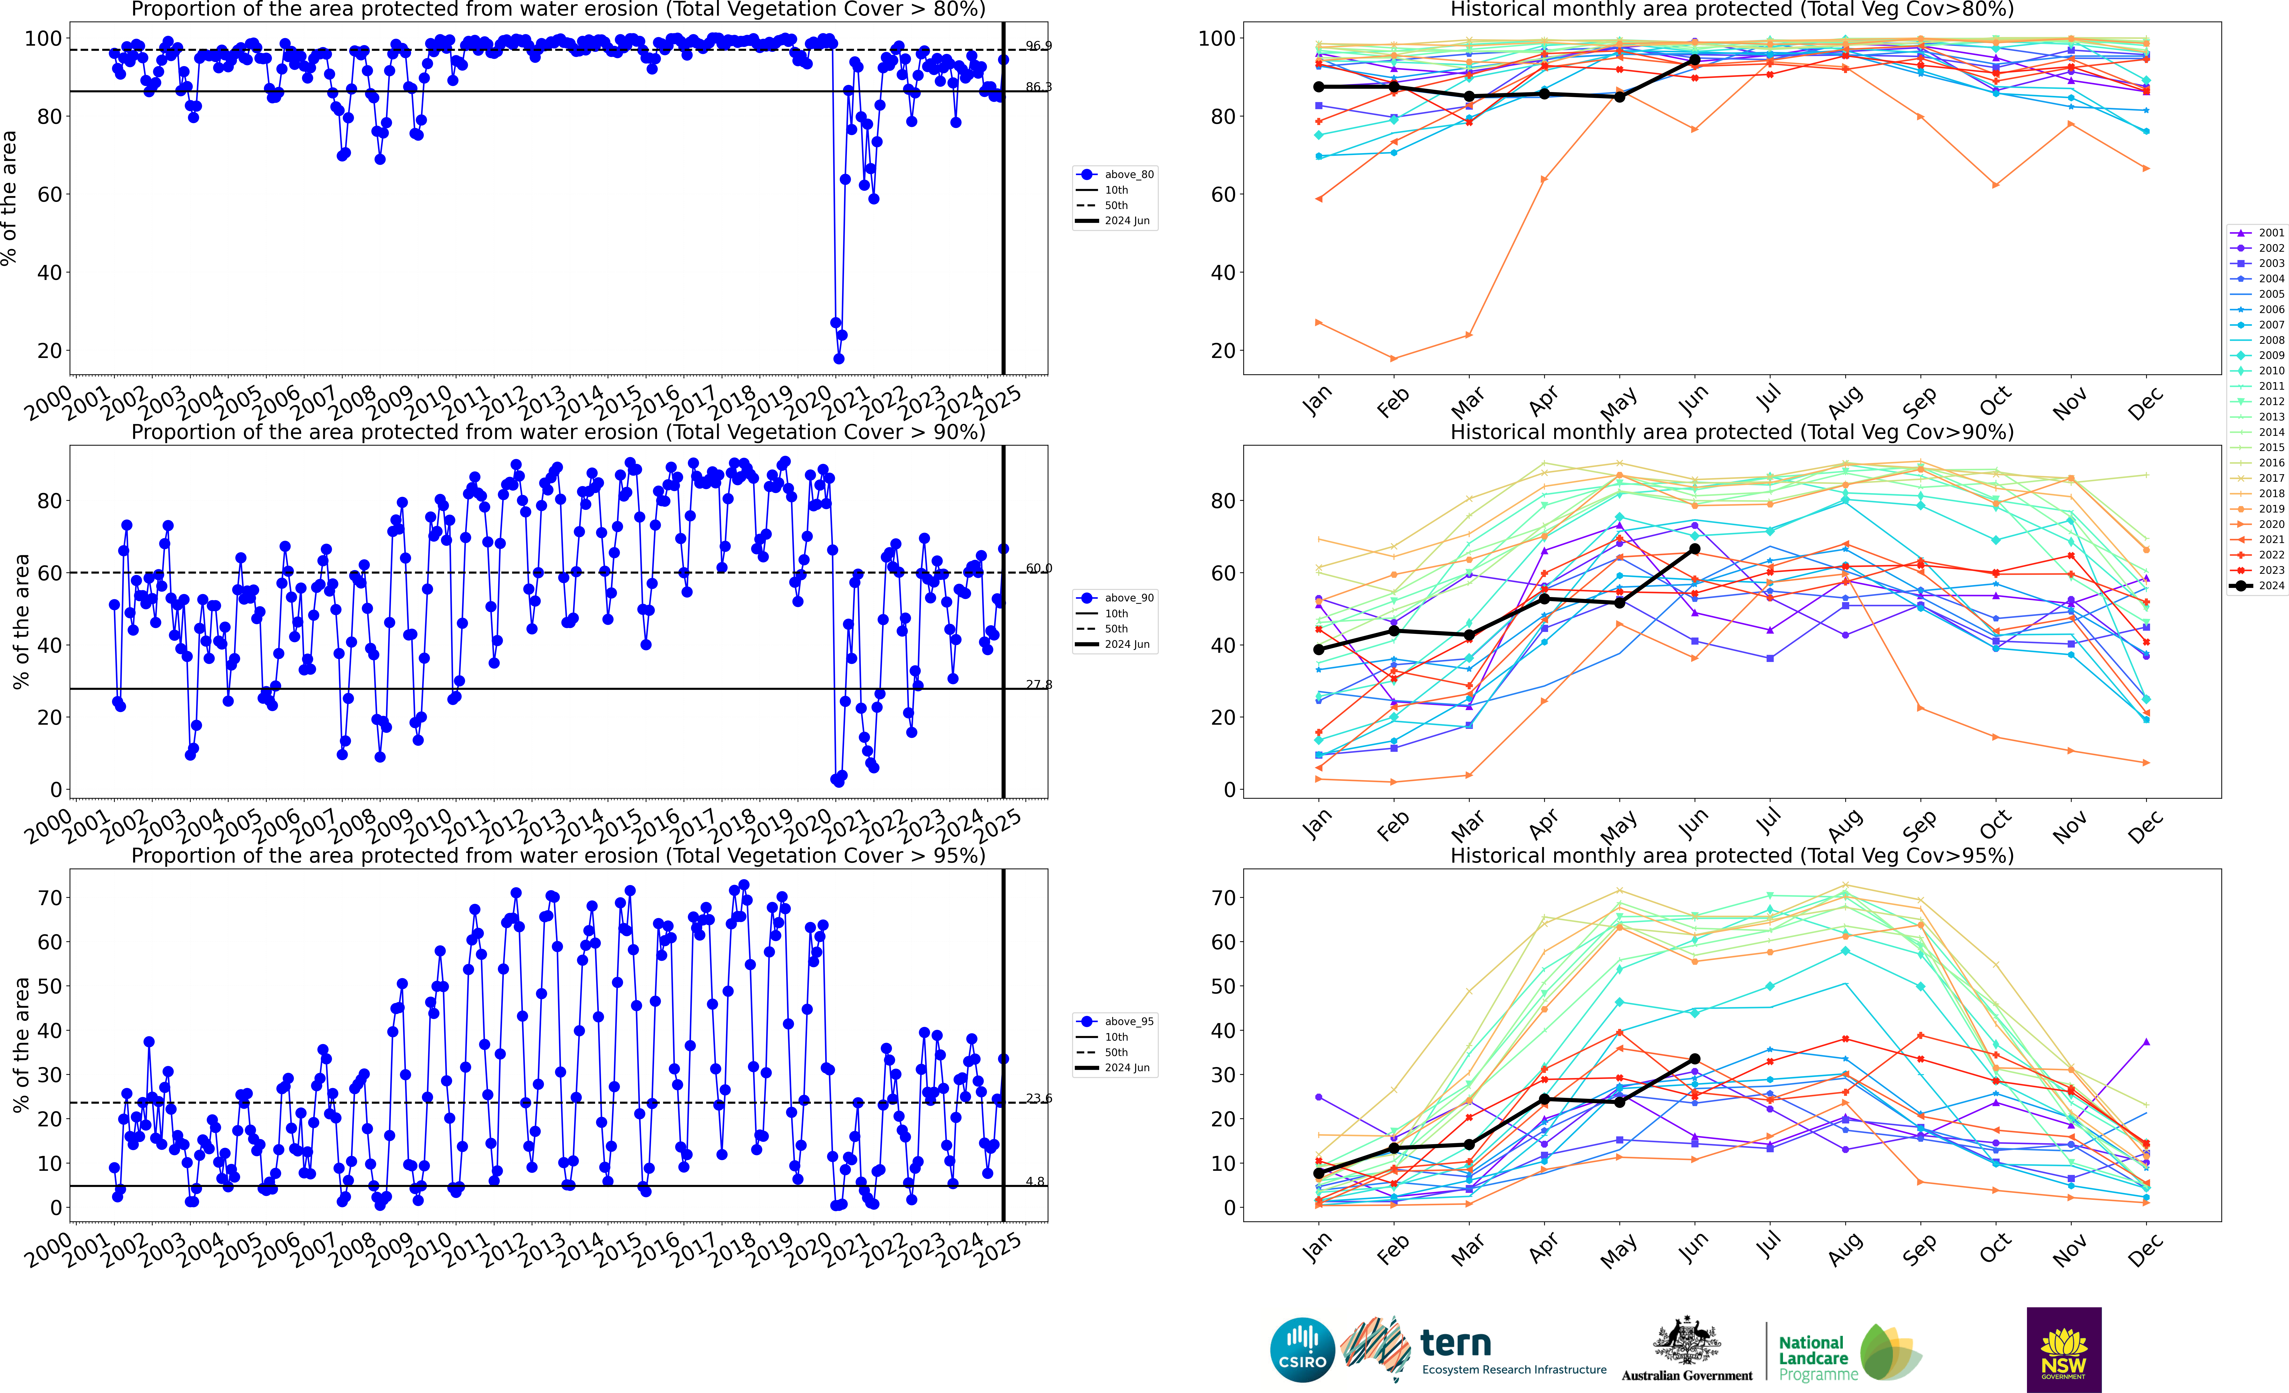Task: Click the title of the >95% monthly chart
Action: pos(1732,855)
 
